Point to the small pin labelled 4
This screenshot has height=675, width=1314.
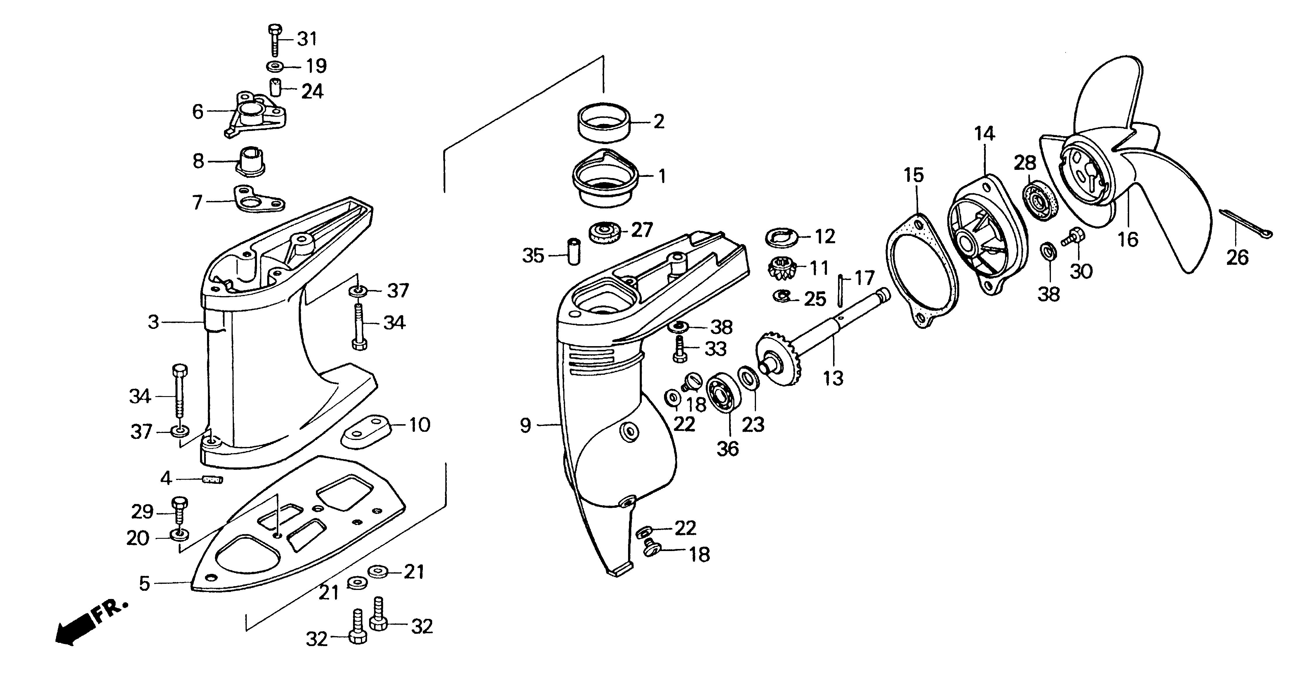213,480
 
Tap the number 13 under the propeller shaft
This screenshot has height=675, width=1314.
833,378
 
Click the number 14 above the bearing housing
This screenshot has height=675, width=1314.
984,134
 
